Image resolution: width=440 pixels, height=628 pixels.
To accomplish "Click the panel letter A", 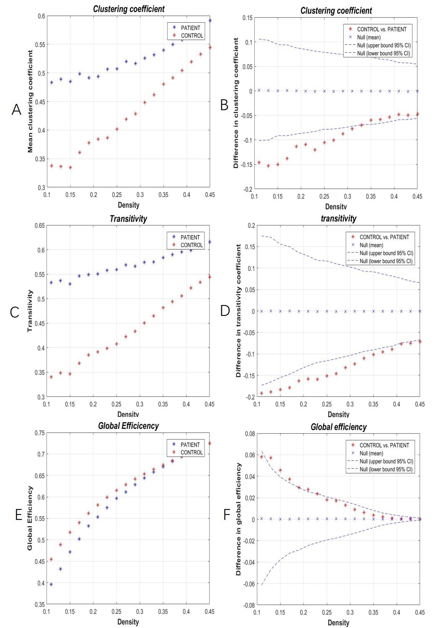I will click(x=16, y=110).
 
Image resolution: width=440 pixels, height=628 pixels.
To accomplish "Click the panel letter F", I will click(x=227, y=515).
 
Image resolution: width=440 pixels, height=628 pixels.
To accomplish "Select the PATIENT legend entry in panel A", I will click(x=190, y=28).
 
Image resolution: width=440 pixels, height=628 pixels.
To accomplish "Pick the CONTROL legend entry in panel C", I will click(x=192, y=245).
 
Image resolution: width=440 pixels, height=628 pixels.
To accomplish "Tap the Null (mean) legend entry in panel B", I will click(x=369, y=37).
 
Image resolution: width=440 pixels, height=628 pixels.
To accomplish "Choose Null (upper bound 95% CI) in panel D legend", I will click(x=386, y=253).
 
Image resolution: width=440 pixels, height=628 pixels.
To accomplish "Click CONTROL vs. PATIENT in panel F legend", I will click(x=384, y=445).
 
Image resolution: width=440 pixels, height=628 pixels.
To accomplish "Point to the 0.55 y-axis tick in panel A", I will click(x=41, y=44).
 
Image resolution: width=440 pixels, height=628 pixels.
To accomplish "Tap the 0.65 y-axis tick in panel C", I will click(x=40, y=226).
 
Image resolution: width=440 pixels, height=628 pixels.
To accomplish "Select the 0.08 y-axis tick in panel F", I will click(x=250, y=434).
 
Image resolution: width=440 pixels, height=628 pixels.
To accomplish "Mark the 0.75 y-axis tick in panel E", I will click(x=40, y=433).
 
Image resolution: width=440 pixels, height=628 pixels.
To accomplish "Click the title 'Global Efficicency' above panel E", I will click(x=128, y=426).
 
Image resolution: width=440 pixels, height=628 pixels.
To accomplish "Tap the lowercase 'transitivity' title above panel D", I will click(x=339, y=218).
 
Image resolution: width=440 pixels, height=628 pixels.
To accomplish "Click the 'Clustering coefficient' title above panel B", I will click(x=336, y=10).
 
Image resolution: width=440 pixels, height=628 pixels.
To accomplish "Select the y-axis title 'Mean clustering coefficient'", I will click(x=30, y=101).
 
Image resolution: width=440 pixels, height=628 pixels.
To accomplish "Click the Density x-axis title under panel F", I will click(x=338, y=623).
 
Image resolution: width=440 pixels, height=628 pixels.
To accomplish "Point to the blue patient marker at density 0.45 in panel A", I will click(x=210, y=21).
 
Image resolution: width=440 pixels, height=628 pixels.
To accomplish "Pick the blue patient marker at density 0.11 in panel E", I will click(x=51, y=584).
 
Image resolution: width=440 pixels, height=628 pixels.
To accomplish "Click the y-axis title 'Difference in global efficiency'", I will click(x=238, y=519).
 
